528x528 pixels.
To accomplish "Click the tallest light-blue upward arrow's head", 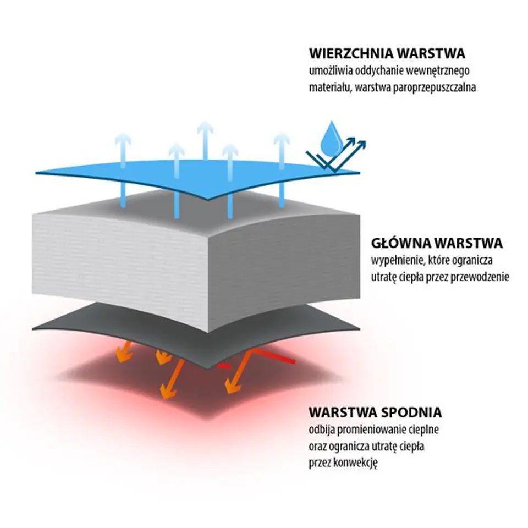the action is (x=205, y=128).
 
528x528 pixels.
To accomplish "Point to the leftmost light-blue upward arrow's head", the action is (x=123, y=139).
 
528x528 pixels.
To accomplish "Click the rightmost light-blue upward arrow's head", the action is (x=282, y=141).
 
